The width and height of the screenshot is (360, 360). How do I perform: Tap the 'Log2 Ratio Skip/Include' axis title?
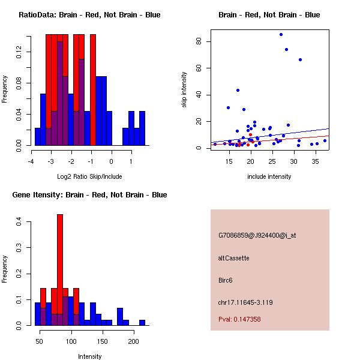(x=89, y=176)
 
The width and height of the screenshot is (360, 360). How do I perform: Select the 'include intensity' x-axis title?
(x=269, y=176)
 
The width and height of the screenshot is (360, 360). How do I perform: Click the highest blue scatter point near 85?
(x=281, y=34)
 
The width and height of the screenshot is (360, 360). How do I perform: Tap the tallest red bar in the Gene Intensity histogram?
(x=60, y=269)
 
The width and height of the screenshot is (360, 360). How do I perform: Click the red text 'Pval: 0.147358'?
(x=239, y=320)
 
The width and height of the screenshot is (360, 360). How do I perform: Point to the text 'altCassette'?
(x=233, y=258)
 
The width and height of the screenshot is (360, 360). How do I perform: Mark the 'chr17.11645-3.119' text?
(x=245, y=302)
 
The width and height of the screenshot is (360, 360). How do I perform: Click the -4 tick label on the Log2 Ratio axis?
(x=30, y=161)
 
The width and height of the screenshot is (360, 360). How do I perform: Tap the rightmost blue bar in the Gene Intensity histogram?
(x=142, y=322)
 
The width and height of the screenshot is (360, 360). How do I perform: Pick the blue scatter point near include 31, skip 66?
(x=300, y=59)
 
